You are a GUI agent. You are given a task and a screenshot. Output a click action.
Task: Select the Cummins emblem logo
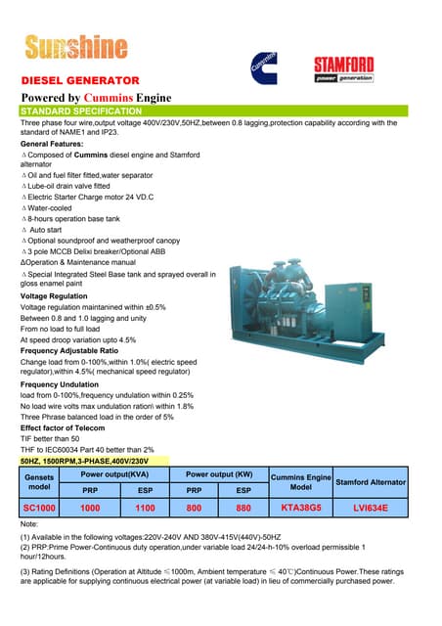click(x=267, y=68)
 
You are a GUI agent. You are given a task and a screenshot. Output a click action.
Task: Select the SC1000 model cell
click(x=39, y=508)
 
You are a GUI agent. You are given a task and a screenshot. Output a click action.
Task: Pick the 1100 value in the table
click(x=145, y=508)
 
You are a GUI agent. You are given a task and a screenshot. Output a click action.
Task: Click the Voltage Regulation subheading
click(x=61, y=295)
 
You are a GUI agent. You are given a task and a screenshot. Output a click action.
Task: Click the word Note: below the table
click(x=33, y=525)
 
